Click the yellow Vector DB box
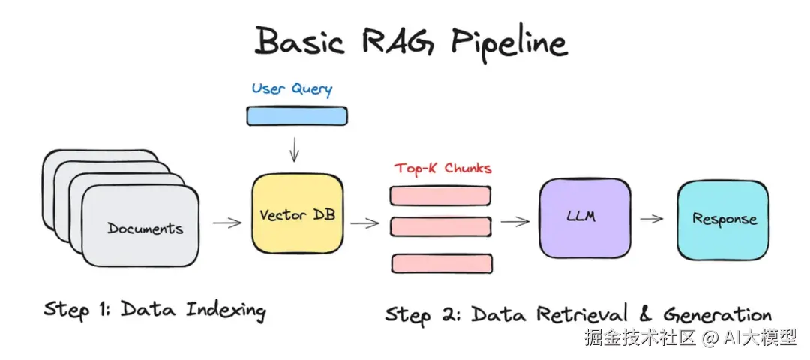pyautogui.click(x=297, y=214)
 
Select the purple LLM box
pyautogui.click(x=584, y=217)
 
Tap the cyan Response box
pyautogui.click(x=723, y=220)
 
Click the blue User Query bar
pyautogui.click(x=297, y=116)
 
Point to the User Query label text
pyautogui.click(x=292, y=88)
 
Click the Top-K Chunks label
pyautogui.click(x=442, y=169)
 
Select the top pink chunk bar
pyautogui.click(x=440, y=195)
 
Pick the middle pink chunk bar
pyautogui.click(x=440, y=226)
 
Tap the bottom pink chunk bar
pyautogui.click(x=442, y=263)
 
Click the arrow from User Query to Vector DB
pyautogui.click(x=295, y=149)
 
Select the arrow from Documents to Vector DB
pyautogui.click(x=227, y=223)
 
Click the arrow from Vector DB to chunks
pyautogui.click(x=364, y=223)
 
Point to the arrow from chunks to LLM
pyautogui.click(x=515, y=221)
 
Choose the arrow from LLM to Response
pyautogui.click(x=652, y=219)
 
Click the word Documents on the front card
pyautogui.click(x=145, y=228)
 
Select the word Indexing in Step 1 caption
pyautogui.click(x=226, y=311)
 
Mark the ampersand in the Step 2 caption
pyautogui.click(x=648, y=313)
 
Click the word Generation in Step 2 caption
pyautogui.click(x=718, y=313)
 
